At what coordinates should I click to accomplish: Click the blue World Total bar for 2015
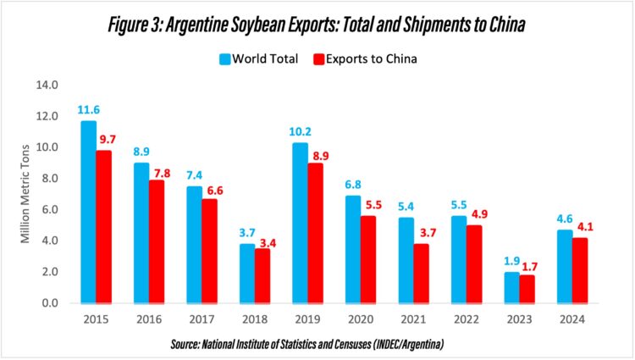point(88,212)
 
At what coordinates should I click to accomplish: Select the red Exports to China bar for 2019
point(315,233)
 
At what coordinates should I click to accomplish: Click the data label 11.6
point(87,110)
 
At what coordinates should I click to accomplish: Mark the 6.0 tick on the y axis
point(48,209)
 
